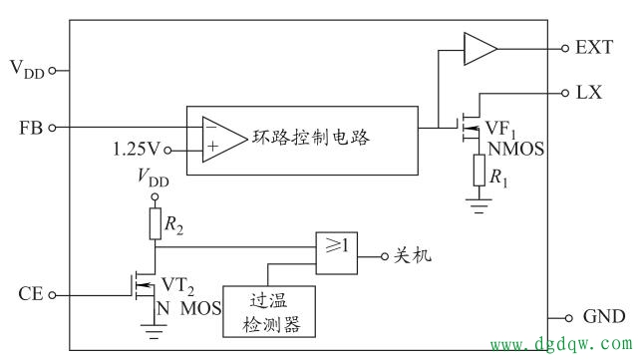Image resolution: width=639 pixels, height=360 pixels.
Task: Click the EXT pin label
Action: point(595,47)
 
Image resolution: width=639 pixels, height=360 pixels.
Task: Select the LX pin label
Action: point(590,91)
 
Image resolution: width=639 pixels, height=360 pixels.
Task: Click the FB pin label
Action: point(29,128)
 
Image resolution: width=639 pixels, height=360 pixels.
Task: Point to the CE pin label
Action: point(29,294)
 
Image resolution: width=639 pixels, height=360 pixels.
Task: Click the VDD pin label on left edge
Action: point(27,69)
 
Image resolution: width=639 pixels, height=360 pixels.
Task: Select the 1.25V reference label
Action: point(136,151)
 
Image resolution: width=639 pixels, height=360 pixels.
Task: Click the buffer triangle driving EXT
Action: point(479,47)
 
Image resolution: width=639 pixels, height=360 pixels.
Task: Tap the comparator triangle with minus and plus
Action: point(220,139)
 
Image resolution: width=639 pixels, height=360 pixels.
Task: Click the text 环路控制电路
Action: point(311,138)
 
